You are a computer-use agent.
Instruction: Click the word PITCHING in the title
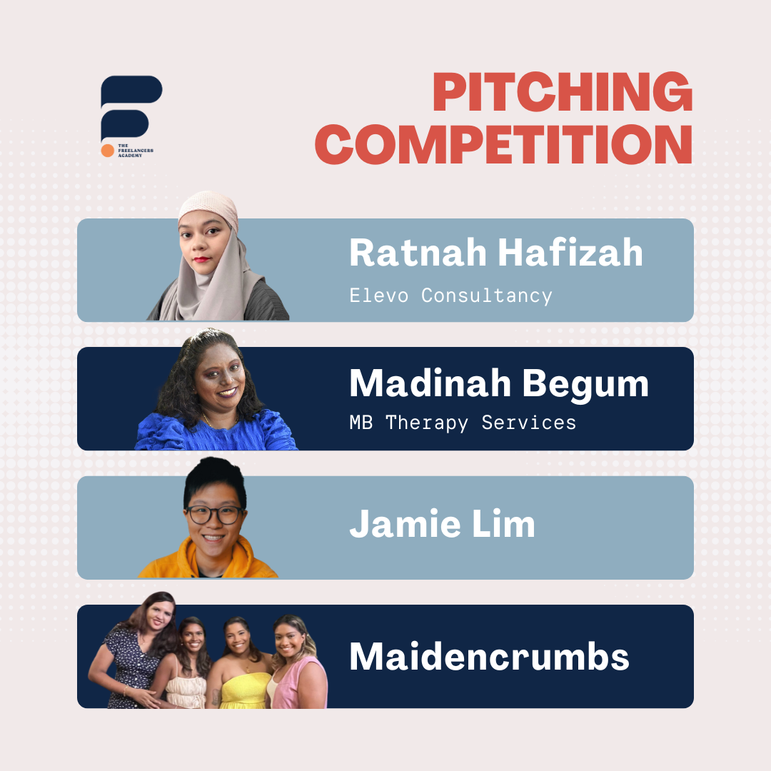point(563,91)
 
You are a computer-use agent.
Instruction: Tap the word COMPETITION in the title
point(504,143)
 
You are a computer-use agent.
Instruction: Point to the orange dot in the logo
point(107,151)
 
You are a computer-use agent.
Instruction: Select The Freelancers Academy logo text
point(135,151)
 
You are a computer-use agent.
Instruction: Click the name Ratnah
point(418,253)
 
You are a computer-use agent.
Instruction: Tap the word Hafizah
point(570,253)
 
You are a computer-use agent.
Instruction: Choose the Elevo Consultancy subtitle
point(451,296)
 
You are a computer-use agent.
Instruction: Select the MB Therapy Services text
point(463,423)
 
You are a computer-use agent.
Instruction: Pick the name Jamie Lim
point(442,523)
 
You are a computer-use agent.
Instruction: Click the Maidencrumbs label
point(489,656)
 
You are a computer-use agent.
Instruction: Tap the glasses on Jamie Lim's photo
point(214,515)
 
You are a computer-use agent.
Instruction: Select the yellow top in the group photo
point(244,690)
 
